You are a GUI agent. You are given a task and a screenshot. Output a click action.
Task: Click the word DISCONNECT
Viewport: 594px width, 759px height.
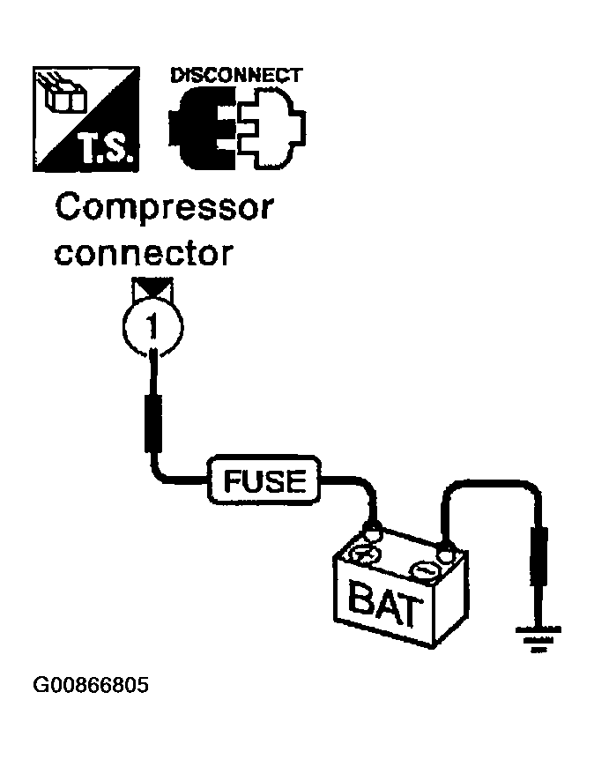tap(236, 76)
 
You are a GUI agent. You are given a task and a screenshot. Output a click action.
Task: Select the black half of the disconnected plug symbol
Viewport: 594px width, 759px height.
tap(202, 130)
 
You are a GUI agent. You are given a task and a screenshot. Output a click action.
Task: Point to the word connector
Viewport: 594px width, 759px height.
tap(144, 253)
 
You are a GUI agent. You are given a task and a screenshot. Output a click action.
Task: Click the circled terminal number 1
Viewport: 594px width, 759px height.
tap(153, 328)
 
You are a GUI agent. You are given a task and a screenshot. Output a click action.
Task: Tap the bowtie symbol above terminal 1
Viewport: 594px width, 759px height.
tap(153, 288)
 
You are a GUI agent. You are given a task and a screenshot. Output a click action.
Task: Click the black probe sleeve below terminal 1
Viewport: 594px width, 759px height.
tap(153, 423)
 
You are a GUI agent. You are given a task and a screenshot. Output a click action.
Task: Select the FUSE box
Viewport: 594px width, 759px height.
tap(264, 480)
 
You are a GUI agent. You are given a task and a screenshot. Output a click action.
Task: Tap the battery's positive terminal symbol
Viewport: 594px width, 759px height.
tap(366, 554)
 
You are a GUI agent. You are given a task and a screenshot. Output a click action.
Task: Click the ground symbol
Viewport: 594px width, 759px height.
tap(538, 639)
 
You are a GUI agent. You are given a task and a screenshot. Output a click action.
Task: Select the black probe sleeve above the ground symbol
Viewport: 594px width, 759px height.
tap(538, 556)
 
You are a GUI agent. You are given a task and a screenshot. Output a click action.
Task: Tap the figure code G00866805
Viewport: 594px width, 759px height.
tap(91, 686)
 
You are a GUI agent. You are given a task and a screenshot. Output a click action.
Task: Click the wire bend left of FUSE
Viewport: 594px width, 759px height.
tap(160, 474)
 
